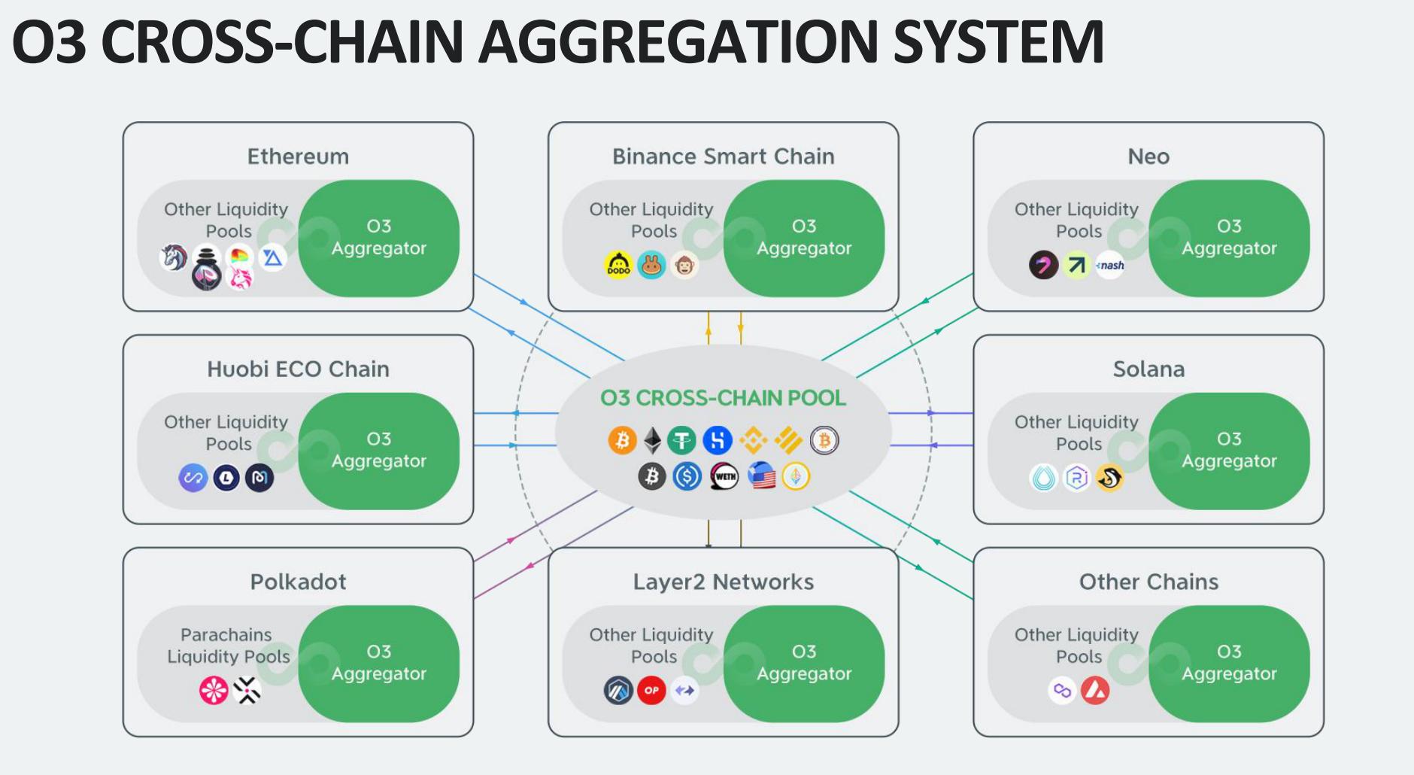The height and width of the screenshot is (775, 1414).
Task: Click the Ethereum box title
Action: [298, 157]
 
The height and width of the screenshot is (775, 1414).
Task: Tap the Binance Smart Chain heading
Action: [723, 157]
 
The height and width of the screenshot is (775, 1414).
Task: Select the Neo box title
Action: [1148, 157]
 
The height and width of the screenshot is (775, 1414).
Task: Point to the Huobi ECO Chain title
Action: [298, 369]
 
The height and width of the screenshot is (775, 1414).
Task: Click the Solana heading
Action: [1148, 369]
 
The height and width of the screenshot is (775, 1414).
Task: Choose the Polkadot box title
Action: [298, 582]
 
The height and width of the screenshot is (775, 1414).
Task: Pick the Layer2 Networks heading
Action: [723, 582]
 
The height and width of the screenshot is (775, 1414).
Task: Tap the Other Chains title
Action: [1148, 582]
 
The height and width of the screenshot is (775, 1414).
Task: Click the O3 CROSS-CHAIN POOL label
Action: [723, 398]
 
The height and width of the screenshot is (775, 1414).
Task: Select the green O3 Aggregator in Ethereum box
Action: [379, 238]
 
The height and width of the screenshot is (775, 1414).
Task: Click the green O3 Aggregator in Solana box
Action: [1229, 450]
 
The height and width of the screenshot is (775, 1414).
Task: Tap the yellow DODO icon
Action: [618, 265]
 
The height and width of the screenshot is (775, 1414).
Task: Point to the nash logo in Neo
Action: [1110, 265]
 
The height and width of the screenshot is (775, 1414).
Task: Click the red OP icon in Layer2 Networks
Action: [651, 690]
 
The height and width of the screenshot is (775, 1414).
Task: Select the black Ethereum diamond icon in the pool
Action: [653, 441]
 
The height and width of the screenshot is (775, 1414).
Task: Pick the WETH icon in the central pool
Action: [724, 476]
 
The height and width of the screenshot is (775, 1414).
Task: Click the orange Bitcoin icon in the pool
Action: [622, 441]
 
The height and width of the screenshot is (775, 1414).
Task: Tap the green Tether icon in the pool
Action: [682, 441]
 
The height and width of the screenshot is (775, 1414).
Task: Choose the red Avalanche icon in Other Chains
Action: [1095, 690]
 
